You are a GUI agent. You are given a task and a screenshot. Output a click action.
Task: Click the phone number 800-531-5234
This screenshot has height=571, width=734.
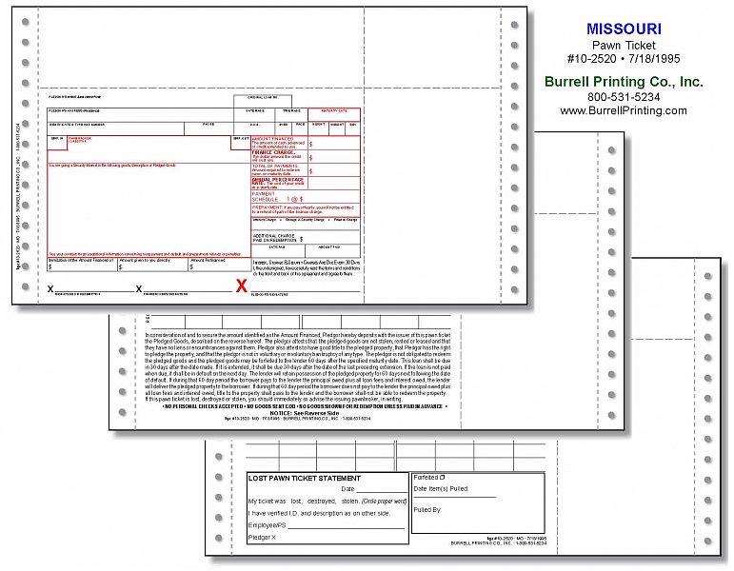click(624, 96)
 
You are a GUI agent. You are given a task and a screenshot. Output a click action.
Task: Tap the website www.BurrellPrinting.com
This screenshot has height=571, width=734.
click(624, 110)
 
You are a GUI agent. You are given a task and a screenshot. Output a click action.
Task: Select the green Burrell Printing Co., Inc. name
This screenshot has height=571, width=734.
click(624, 81)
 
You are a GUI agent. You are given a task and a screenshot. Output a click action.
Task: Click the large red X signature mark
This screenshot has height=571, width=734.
click(242, 284)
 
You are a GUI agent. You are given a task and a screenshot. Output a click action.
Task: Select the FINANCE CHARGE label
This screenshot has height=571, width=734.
click(274, 151)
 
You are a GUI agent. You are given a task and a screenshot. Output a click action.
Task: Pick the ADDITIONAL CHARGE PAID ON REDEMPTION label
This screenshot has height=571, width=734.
click(276, 237)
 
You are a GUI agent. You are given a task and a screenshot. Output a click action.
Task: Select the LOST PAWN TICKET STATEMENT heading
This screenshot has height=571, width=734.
click(305, 478)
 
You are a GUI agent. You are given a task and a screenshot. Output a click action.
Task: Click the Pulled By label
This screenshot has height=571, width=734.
click(428, 509)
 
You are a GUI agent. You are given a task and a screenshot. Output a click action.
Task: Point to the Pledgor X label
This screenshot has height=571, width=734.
click(262, 538)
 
